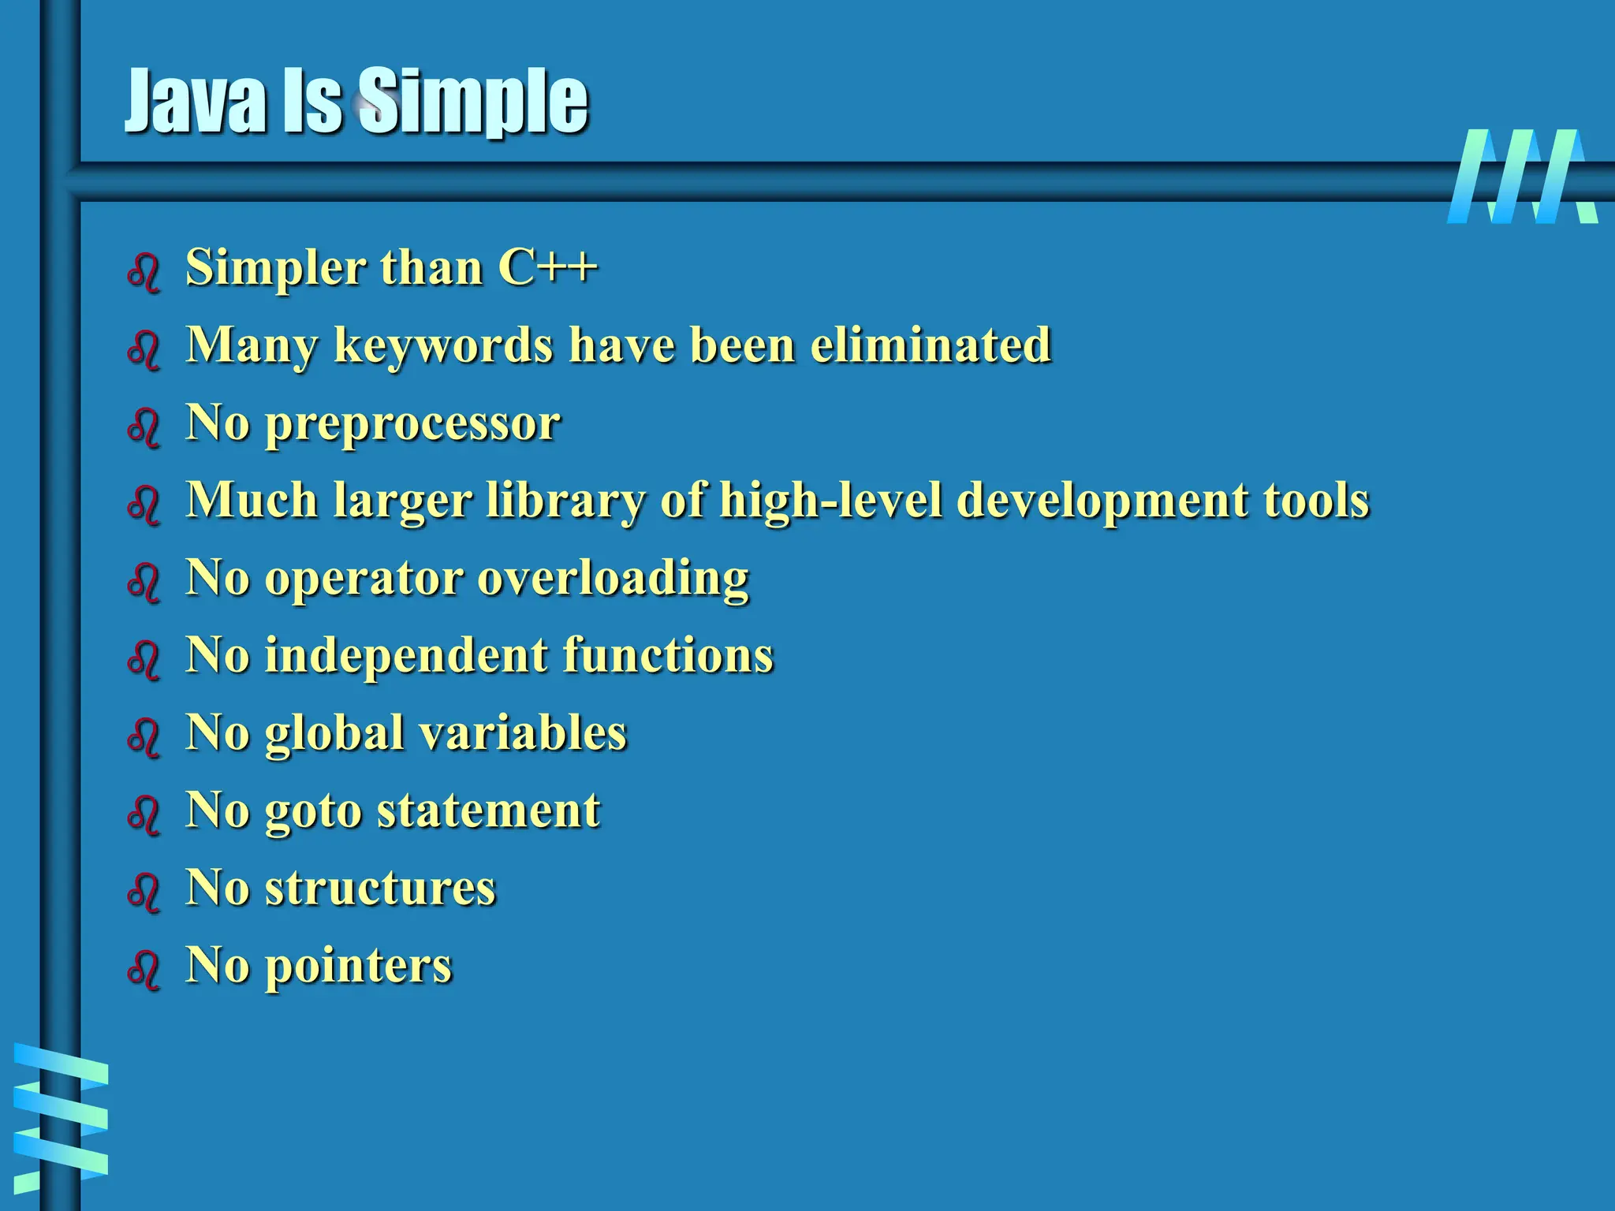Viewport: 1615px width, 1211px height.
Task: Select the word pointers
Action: [x=358, y=966]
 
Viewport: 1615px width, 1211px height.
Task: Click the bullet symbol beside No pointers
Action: [x=144, y=969]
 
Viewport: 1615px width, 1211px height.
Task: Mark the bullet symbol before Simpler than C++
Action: [x=144, y=272]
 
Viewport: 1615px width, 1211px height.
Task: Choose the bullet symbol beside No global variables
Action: [x=144, y=737]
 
